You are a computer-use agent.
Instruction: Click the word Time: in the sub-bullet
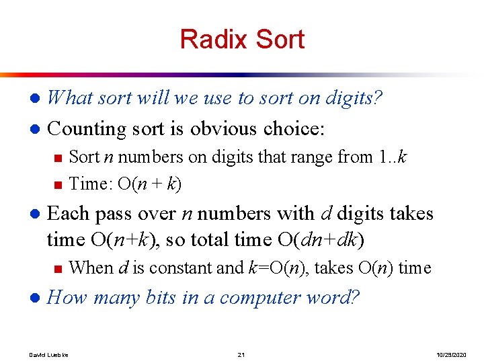pyautogui.click(x=91, y=184)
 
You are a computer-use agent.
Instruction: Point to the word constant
pyautogui.click(x=182, y=268)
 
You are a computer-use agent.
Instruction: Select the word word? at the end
pyautogui.click(x=335, y=297)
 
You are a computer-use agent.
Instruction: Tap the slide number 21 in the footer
pyautogui.click(x=242, y=354)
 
